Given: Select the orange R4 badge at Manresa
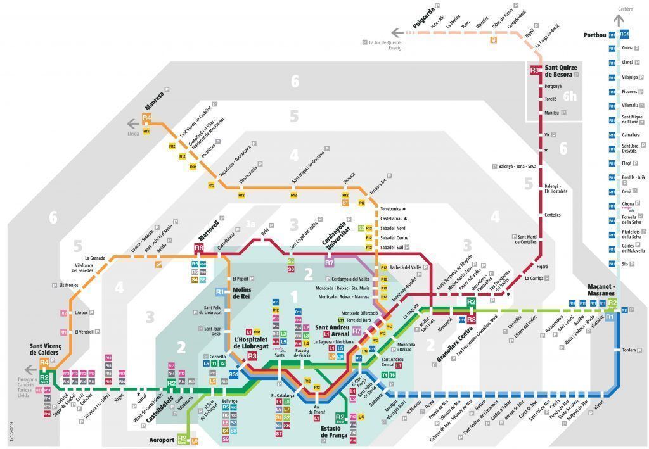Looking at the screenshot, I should point(146,118).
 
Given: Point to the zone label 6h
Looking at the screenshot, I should point(570,97).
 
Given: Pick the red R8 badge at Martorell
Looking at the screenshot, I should point(199,248).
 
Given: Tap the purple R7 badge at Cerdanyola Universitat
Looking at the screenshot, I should point(329,262).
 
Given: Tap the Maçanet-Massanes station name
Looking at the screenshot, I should point(596,290).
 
